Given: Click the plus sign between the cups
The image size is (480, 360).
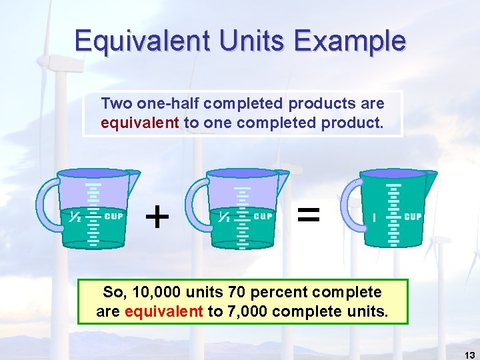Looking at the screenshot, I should tap(157, 216).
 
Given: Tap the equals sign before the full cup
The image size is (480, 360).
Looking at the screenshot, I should tap(308, 215).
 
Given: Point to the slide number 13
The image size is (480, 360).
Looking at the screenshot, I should tap(469, 355).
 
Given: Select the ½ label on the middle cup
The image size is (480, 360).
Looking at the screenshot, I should tap(225, 216).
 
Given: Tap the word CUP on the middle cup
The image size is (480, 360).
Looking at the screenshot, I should tap(264, 216).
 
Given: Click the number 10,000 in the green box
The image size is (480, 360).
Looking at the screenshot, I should tap(159, 292).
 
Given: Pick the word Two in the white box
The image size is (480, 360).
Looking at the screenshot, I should tap(115, 104).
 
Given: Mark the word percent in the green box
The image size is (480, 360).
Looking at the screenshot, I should tap(283, 292).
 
